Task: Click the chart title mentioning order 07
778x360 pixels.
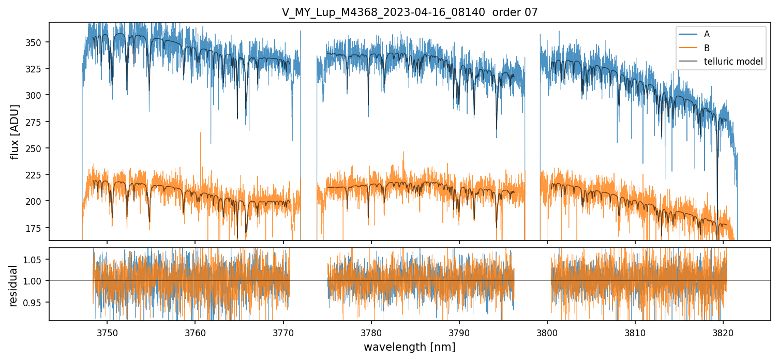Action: [410, 12]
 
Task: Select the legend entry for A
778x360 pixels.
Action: [707, 34]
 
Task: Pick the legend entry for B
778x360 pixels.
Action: [707, 48]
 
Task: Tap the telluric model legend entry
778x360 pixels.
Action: [733, 62]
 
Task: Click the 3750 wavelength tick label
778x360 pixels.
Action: [107, 331]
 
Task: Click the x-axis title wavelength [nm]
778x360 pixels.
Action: [409, 347]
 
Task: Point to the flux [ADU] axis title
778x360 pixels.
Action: [15, 131]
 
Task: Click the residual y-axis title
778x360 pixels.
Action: [14, 286]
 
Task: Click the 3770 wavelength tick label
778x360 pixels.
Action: [283, 331]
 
